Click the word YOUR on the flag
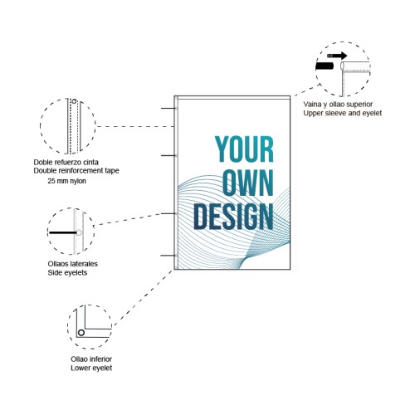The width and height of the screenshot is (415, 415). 244,149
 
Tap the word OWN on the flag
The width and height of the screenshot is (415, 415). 248,183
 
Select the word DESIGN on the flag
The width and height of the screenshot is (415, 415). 234,217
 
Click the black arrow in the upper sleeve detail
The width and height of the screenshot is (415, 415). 337,56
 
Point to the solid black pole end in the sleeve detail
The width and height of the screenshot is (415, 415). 325,66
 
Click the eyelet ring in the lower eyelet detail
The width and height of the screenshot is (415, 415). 81,333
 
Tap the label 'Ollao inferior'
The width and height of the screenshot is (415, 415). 91,359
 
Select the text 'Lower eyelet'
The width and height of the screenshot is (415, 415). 91,368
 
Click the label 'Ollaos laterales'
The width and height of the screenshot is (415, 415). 73,264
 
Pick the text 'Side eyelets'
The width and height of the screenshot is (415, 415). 67,272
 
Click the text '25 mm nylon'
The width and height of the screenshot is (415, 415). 66,181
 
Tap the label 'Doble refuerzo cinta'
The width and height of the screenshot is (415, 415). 66,162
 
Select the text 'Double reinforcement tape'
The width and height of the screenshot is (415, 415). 76,170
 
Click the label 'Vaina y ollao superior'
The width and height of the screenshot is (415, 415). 338,104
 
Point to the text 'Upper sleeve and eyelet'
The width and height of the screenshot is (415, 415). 343,113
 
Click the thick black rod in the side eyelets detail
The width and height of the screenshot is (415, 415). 63,232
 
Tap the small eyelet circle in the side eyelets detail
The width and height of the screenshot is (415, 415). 79,232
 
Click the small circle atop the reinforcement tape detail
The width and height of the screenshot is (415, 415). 74,101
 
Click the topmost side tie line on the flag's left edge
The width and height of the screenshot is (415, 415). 168,108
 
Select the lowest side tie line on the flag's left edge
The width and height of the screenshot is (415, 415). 168,256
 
